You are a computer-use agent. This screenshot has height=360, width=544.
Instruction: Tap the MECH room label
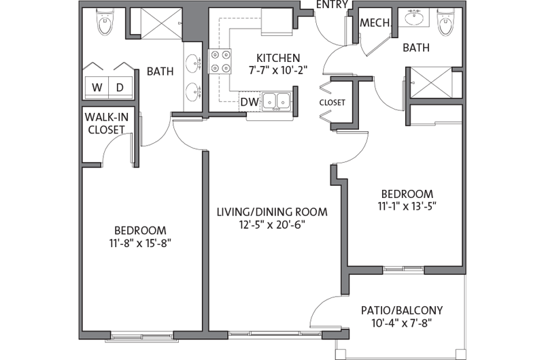tap(375, 23)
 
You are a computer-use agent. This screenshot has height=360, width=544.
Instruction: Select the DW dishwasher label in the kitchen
tap(248, 102)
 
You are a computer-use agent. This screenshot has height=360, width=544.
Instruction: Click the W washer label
tap(97, 87)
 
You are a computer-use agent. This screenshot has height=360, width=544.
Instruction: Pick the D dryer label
tap(119, 87)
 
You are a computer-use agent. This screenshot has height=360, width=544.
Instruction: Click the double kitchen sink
tap(277, 101)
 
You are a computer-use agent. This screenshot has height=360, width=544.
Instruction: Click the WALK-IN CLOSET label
tap(105, 123)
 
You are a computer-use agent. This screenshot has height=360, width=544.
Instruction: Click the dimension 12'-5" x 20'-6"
tap(272, 225)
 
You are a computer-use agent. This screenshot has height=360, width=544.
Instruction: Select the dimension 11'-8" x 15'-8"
tap(139, 243)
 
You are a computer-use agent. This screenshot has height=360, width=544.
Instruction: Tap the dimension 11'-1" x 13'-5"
tap(407, 206)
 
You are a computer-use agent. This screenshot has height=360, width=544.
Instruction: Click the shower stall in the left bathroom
tap(156, 25)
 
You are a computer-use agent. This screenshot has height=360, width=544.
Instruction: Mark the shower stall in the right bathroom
tap(428, 82)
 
